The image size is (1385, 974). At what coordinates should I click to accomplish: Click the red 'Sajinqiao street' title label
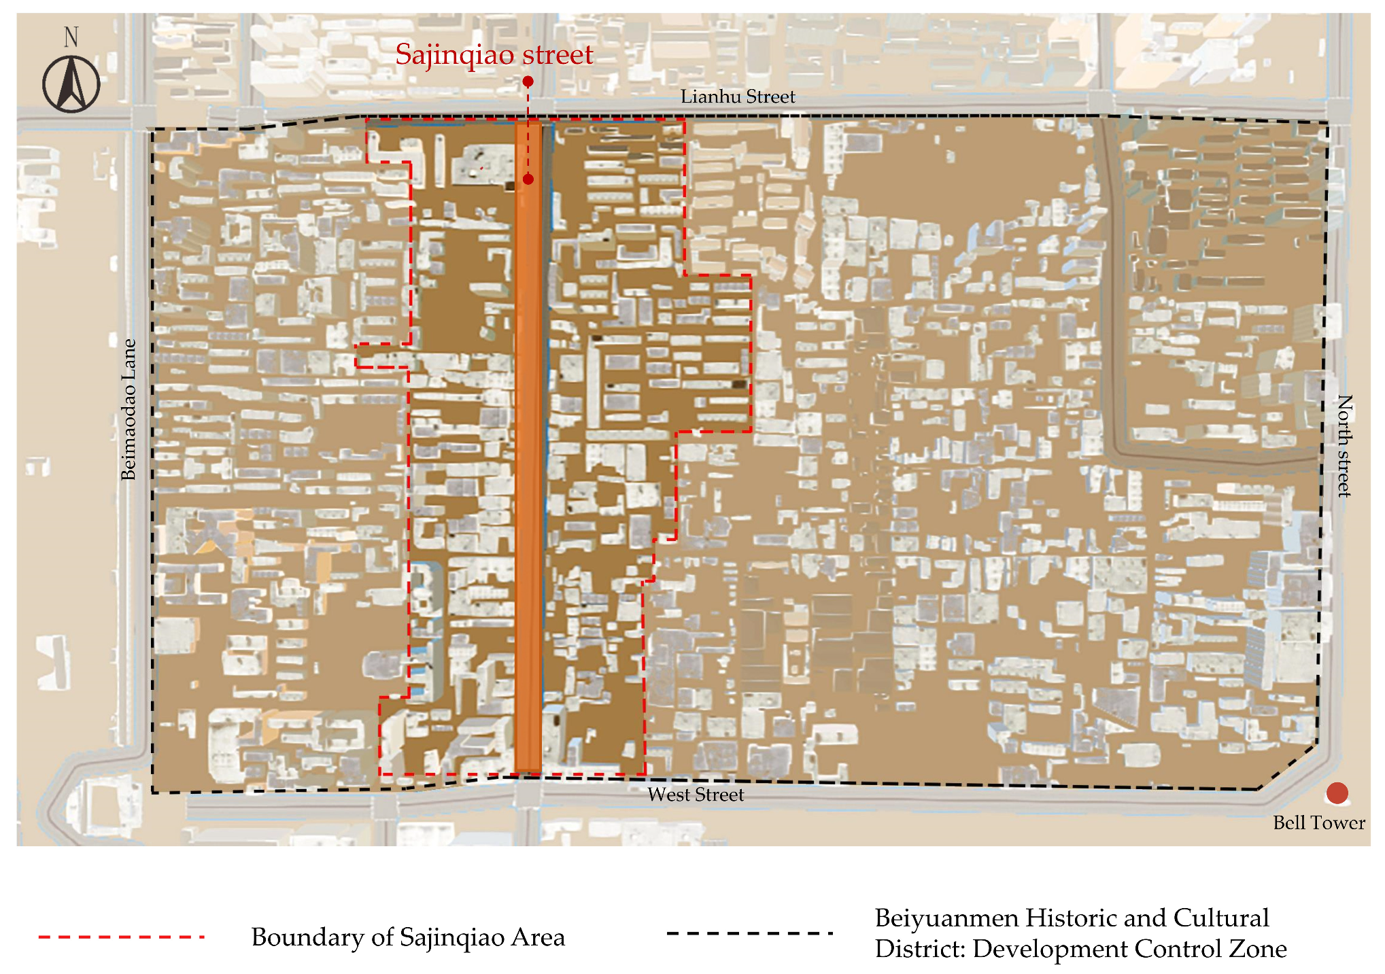(494, 54)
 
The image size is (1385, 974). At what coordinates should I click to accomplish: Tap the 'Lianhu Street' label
(738, 97)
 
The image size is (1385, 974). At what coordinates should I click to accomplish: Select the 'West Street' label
(696, 795)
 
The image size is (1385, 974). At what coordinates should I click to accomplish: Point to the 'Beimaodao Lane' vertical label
(129, 410)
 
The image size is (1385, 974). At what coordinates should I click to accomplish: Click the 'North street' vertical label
(1344, 446)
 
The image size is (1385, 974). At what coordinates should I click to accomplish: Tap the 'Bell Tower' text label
(1318, 823)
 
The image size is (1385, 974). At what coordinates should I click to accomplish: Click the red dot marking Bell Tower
(1337, 793)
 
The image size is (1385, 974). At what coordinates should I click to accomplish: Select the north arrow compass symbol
(71, 84)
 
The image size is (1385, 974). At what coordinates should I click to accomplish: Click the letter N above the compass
(71, 37)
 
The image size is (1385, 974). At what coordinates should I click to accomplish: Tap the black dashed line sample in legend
(750, 933)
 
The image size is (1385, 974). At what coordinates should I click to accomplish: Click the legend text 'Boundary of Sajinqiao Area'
(408, 937)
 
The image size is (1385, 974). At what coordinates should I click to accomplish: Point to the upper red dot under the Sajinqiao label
(528, 82)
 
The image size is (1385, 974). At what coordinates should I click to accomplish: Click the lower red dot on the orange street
(528, 179)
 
